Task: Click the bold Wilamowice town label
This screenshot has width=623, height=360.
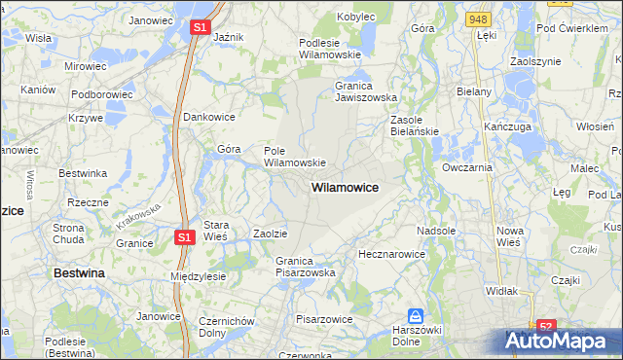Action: click(x=345, y=186)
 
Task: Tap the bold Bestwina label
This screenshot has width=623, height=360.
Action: click(x=79, y=274)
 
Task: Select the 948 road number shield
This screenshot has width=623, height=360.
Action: click(x=477, y=18)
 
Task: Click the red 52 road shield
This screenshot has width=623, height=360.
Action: click(x=546, y=328)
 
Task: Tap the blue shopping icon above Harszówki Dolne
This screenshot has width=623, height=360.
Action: click(x=416, y=315)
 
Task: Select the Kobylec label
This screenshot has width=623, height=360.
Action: click(x=356, y=17)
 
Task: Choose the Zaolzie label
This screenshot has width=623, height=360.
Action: click(x=270, y=234)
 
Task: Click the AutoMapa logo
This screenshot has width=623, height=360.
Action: click(x=563, y=342)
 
